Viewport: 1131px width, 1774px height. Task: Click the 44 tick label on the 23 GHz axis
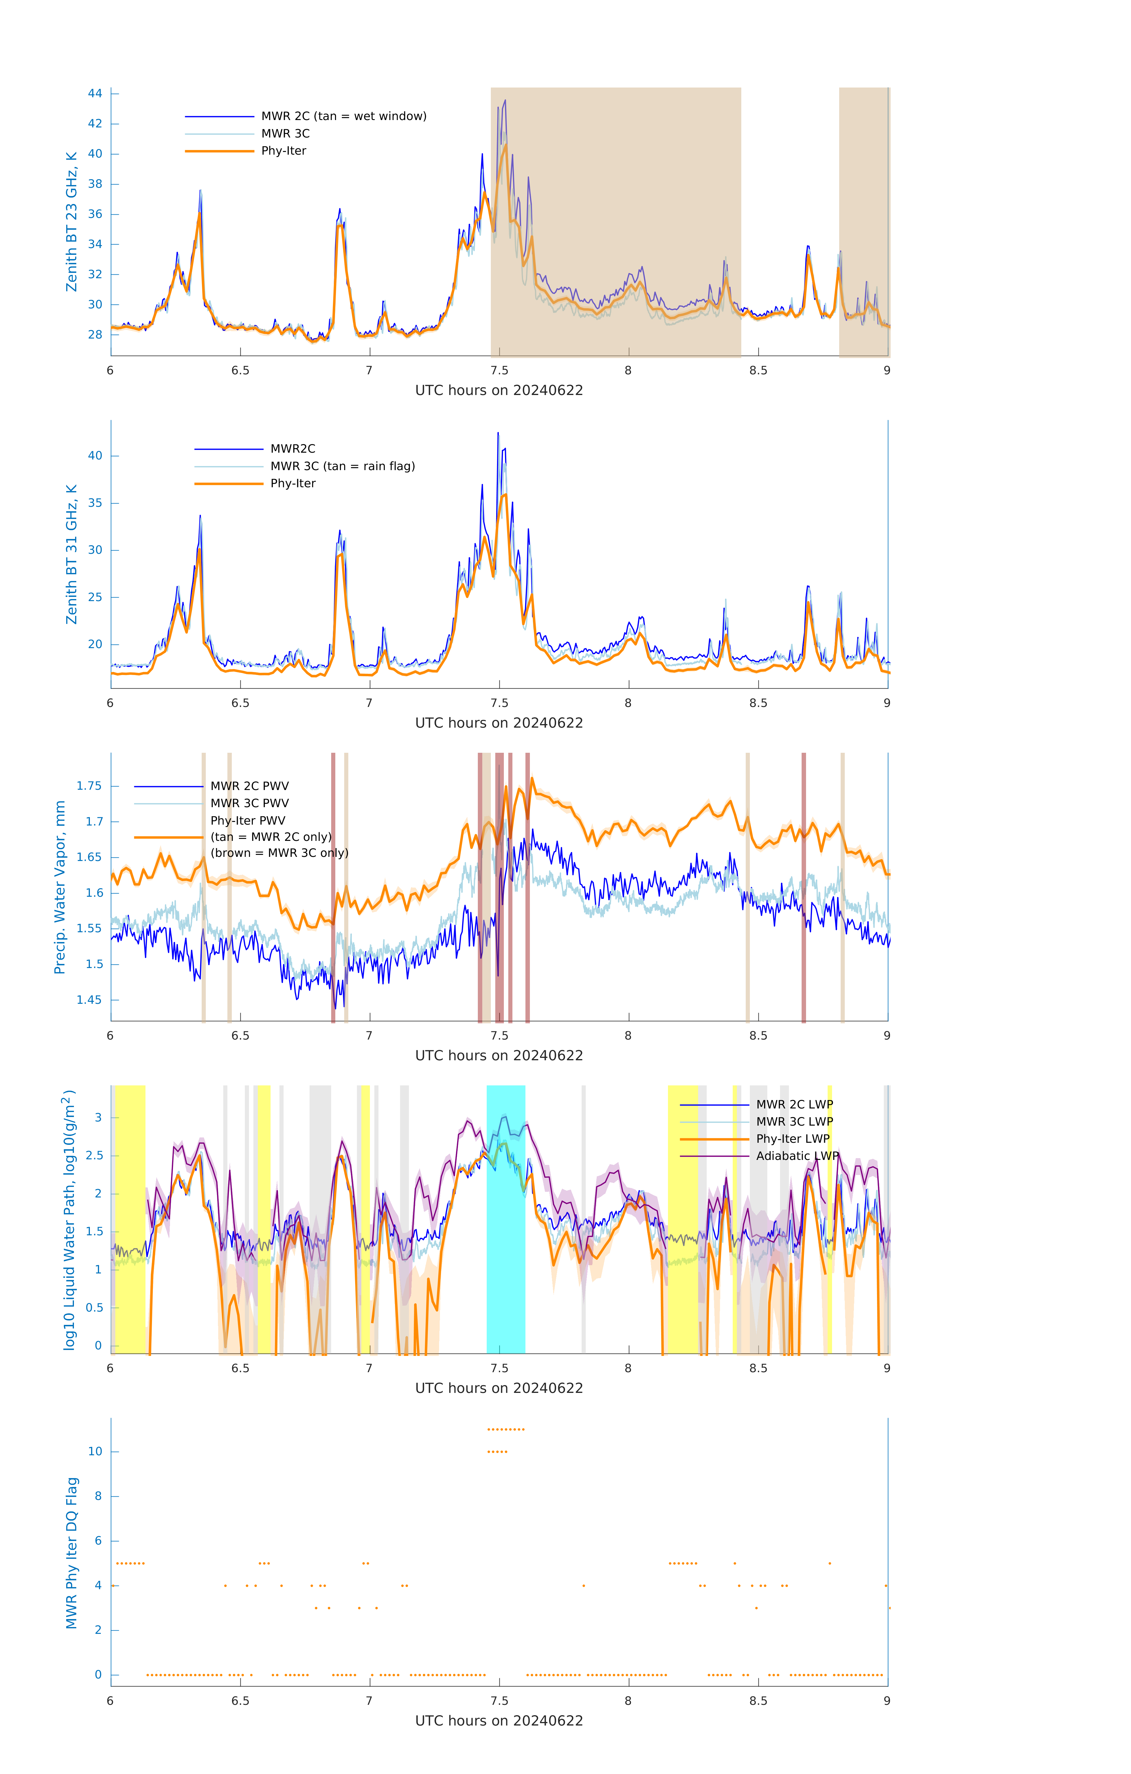[x=95, y=93]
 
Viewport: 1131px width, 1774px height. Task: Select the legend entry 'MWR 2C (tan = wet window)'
[x=343, y=116]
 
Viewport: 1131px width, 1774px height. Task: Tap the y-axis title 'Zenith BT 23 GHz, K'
[x=72, y=222]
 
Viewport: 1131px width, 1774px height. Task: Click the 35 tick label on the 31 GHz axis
[x=95, y=503]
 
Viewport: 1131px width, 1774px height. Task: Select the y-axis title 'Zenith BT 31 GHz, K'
[x=72, y=554]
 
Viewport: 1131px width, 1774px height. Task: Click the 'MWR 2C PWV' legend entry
[x=249, y=786]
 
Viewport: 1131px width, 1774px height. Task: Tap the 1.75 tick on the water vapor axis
[x=89, y=786]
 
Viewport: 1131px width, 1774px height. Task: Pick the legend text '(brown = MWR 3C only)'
[x=279, y=853]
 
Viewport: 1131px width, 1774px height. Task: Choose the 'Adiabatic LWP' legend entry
[x=797, y=1156]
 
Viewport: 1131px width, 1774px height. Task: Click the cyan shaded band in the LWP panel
[x=505, y=1252]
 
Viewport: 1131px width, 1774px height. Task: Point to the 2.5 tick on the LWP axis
[x=94, y=1155]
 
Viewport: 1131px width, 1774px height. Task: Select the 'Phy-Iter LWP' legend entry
[x=793, y=1139]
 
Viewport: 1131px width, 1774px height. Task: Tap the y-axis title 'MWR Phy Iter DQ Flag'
[x=72, y=1553]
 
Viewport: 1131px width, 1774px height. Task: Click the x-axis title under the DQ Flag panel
[x=499, y=1721]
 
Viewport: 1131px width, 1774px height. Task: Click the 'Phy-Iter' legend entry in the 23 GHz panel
[x=284, y=151]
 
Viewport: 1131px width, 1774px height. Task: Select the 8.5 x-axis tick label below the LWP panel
[x=758, y=1369]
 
